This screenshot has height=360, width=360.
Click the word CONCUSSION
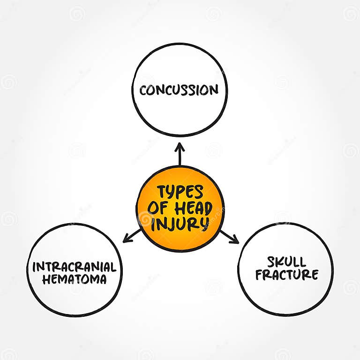pyautogui.click(x=179, y=90)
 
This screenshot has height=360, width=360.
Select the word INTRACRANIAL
pyautogui.click(x=74, y=267)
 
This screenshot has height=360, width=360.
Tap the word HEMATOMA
pyautogui.click(x=74, y=280)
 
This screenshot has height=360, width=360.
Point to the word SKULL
pyautogui.click(x=286, y=262)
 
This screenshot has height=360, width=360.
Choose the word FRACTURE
pyautogui.click(x=286, y=275)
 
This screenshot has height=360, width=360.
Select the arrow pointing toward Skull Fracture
pyautogui.click(x=229, y=237)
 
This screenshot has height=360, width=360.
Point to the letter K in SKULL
pyautogui.click(x=278, y=262)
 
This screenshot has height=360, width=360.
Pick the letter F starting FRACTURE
pyautogui.click(x=259, y=275)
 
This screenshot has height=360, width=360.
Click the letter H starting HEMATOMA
pyautogui.click(x=45, y=280)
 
